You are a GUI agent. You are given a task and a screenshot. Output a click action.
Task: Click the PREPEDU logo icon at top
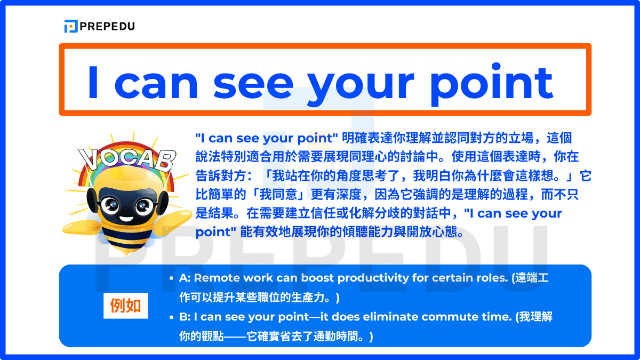pos(71,26)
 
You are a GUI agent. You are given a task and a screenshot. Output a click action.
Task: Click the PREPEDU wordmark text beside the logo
pos(107,26)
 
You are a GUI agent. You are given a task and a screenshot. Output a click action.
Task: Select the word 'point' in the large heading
pos(492,84)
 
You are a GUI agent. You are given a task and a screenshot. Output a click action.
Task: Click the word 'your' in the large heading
pos(361,86)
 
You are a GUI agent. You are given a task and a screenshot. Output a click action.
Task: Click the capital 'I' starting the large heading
pos(93,82)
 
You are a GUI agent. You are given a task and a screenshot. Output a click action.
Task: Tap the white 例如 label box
pos(125,306)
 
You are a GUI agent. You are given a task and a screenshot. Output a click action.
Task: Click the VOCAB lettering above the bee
pos(127,159)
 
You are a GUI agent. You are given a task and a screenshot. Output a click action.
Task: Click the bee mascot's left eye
pos(110,205)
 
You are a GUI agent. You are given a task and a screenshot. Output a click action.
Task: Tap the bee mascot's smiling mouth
pos(126,219)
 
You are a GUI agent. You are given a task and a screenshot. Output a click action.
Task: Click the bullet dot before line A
pos(171,278)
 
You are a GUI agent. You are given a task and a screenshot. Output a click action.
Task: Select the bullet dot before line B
pos(171,317)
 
